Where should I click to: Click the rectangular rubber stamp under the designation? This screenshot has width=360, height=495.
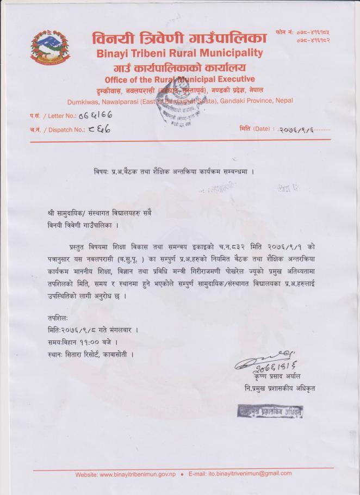[x=269, y=412]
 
